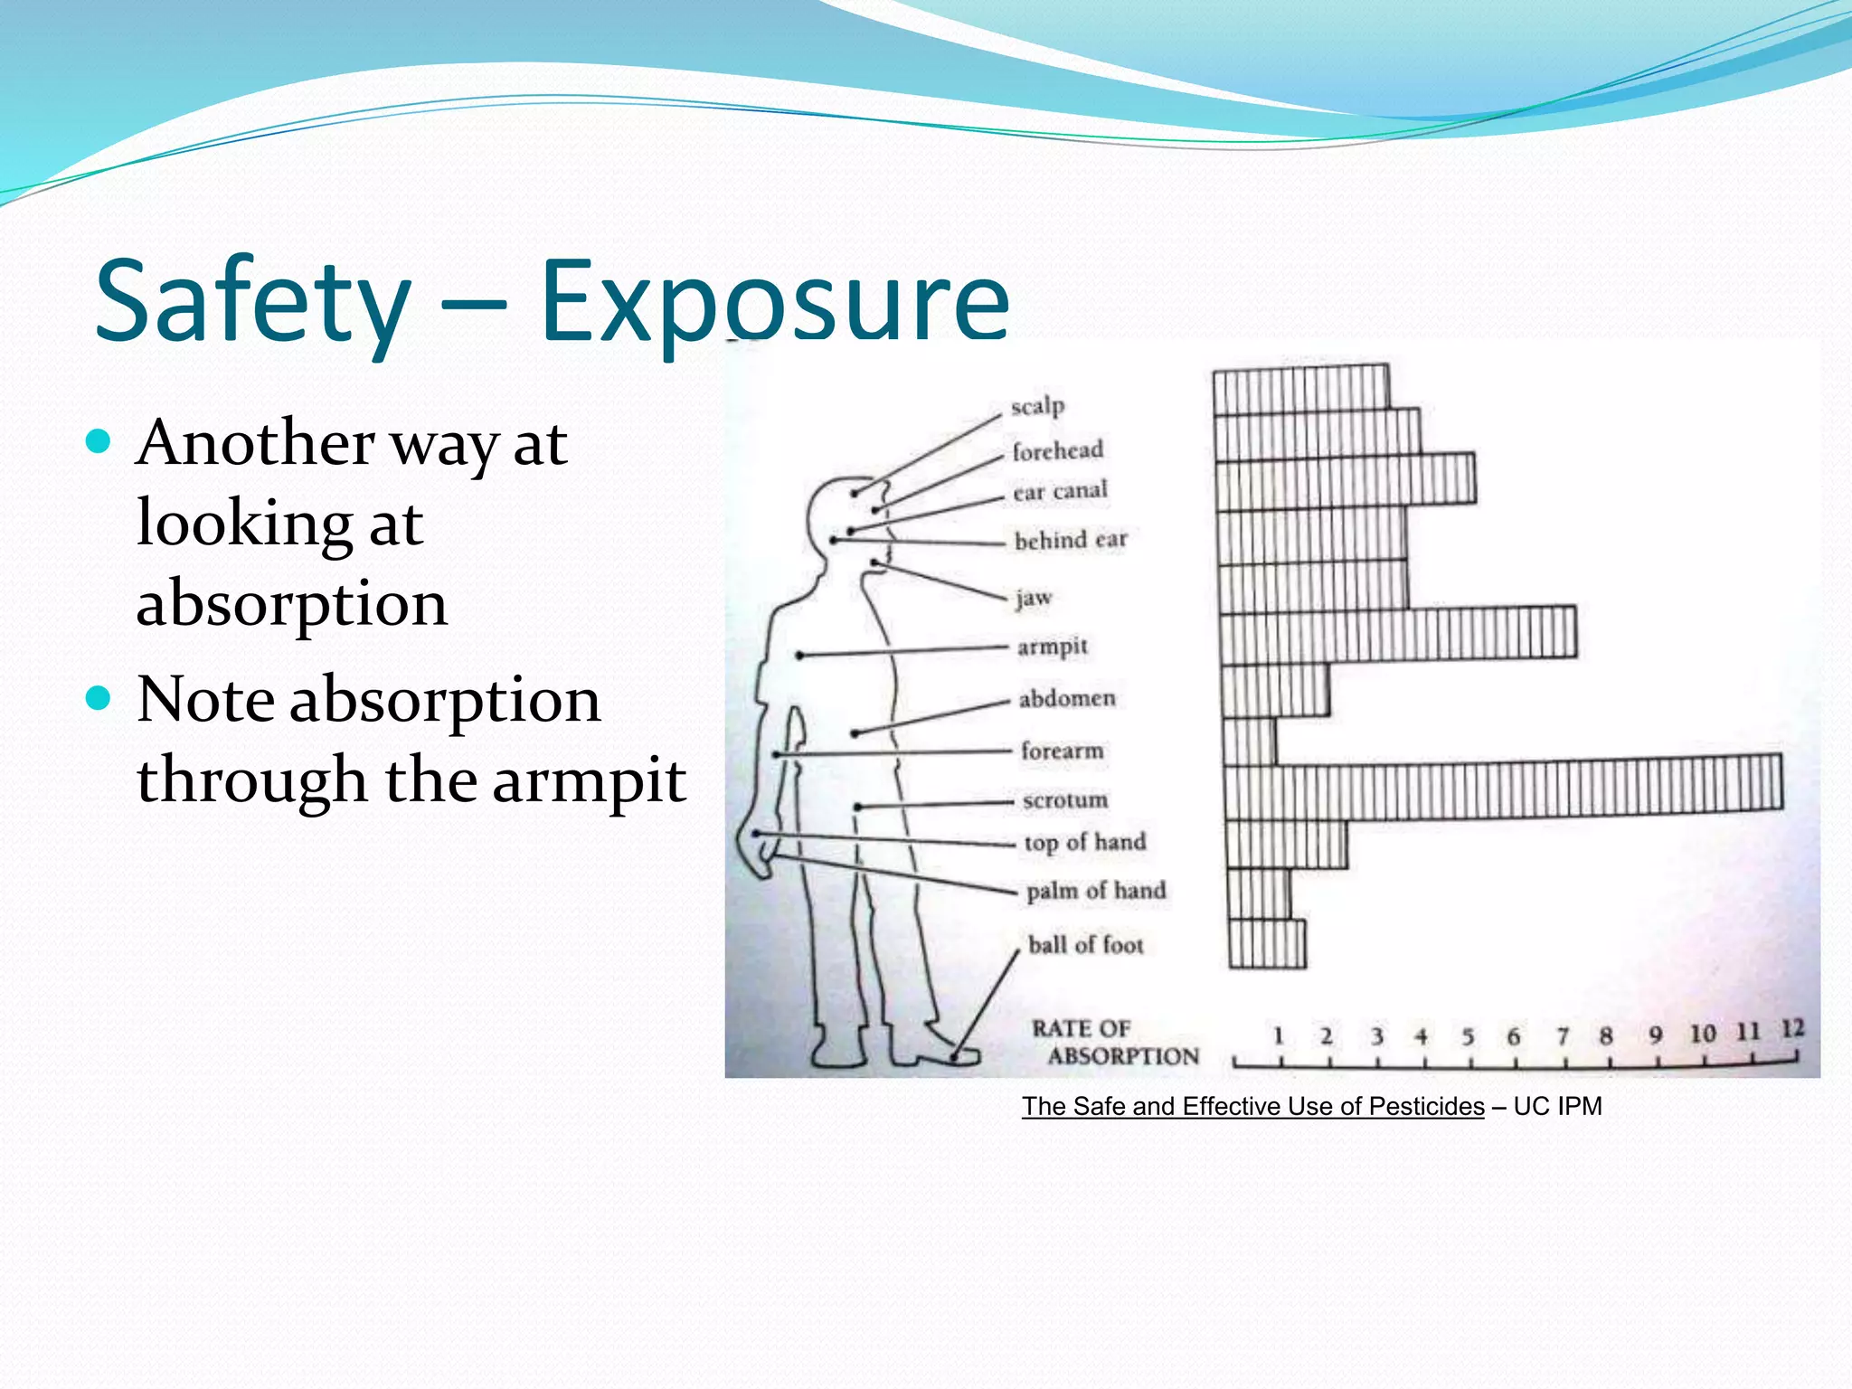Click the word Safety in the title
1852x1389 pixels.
(253, 303)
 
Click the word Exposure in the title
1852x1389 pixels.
(774, 303)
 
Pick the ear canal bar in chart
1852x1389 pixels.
(1345, 479)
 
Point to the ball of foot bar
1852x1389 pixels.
(1267, 944)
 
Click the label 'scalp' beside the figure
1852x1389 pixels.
(1037, 406)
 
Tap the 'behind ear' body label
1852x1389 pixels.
(1071, 540)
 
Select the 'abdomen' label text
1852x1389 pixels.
(1067, 698)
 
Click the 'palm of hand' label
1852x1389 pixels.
(1096, 891)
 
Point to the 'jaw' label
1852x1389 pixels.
(1034, 598)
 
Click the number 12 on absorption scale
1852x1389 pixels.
(1792, 1029)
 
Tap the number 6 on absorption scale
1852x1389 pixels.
(1513, 1036)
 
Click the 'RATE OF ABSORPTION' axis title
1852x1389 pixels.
(1114, 1043)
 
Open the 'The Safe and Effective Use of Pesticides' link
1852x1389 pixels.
(1252, 1106)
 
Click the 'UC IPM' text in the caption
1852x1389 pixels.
(1557, 1106)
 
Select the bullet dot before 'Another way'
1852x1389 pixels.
(98, 442)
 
